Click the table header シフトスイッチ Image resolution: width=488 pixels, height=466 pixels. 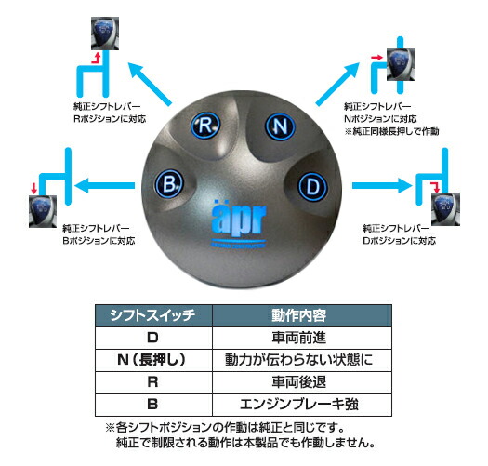click(154, 317)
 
